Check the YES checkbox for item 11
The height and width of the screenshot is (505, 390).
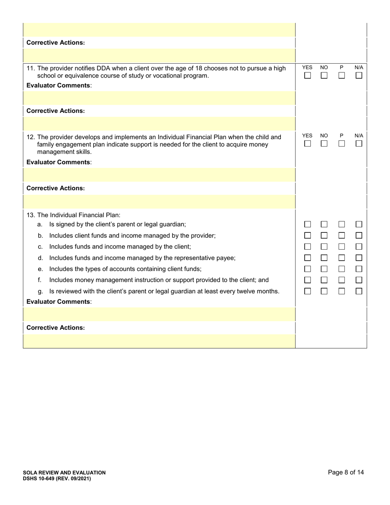(x=307, y=76)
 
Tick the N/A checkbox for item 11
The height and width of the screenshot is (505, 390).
(x=359, y=76)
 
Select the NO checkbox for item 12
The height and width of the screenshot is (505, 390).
(x=324, y=144)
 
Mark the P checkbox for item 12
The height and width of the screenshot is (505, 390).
(x=342, y=144)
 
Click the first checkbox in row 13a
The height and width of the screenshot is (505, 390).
(x=307, y=225)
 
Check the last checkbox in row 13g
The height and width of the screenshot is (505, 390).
(x=359, y=291)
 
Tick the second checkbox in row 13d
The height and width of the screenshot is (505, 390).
(x=324, y=258)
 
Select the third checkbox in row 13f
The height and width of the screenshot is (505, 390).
(x=342, y=280)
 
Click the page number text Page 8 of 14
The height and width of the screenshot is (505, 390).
(x=346, y=472)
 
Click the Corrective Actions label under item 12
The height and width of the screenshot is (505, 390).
(x=55, y=188)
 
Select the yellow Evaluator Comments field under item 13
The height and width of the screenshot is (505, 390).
(x=159, y=314)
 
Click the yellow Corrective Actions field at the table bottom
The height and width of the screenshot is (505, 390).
(x=159, y=341)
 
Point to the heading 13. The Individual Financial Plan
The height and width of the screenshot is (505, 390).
(x=73, y=215)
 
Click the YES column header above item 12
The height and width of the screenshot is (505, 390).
(x=307, y=135)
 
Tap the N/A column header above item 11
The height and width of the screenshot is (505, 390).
(x=359, y=67)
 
